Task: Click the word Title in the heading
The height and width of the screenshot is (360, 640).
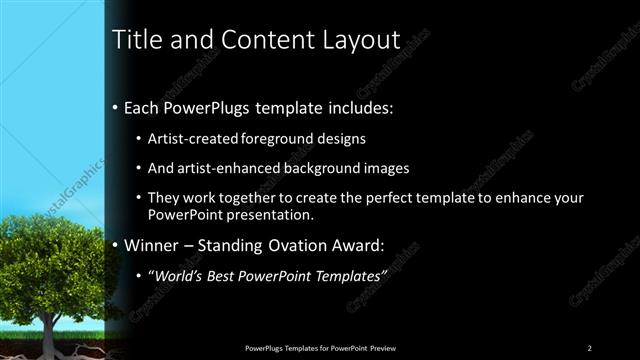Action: click(134, 40)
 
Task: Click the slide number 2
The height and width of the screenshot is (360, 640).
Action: click(590, 347)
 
